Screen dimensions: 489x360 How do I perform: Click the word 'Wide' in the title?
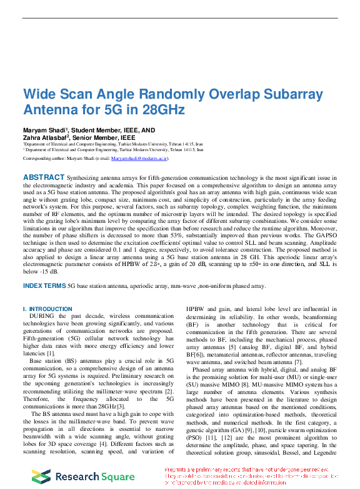click(x=39, y=95)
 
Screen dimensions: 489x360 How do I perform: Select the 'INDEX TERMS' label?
click(x=44, y=286)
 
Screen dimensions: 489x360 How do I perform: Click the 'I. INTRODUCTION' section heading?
click(x=47, y=309)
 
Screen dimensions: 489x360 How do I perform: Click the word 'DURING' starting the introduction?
click(x=42, y=317)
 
